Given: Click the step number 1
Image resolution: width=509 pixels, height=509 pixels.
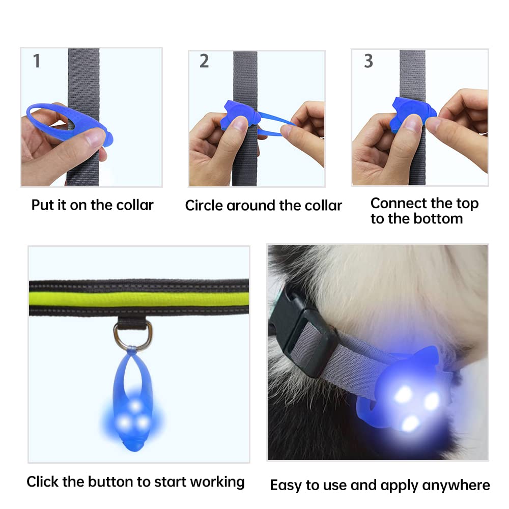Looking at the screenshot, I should coord(36,61).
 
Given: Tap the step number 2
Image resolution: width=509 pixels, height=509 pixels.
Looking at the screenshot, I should coord(204,61).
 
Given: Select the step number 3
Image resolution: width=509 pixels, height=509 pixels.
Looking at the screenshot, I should coord(368,61).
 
